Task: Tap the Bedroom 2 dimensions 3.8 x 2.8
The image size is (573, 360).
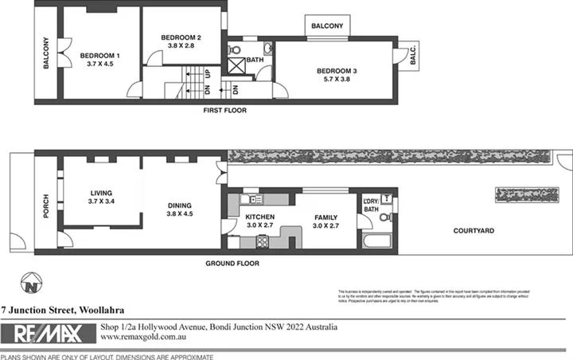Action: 180,46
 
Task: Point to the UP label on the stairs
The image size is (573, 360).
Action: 208,72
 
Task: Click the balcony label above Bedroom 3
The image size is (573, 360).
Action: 327,26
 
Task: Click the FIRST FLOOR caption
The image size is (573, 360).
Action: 224,110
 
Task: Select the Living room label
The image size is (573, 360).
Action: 101,193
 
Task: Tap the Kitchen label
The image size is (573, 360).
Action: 259,217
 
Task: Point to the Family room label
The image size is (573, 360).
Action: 325,217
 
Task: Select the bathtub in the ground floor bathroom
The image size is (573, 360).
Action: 376,240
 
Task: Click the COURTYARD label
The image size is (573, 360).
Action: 474,231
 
